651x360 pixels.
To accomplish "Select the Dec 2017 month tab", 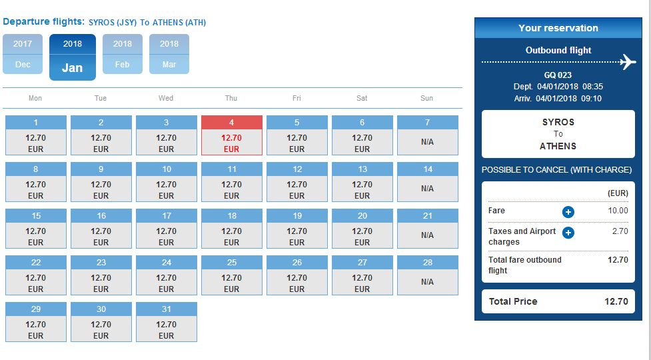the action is [x=23, y=54].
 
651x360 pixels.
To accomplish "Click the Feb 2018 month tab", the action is [x=123, y=54].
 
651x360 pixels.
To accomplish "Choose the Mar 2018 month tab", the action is [x=169, y=54].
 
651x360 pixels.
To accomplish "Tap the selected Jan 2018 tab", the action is [x=73, y=57].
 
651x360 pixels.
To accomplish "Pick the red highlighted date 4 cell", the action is [x=232, y=135].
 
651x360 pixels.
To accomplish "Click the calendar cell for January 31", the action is [x=167, y=322].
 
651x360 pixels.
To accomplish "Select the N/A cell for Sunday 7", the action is [x=428, y=135].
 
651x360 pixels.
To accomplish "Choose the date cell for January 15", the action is [x=36, y=229].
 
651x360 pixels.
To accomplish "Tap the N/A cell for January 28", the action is [x=428, y=275].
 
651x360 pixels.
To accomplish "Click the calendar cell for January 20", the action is [x=362, y=229].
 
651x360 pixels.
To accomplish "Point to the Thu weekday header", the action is [x=231, y=99].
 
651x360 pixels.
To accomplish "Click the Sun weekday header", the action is [x=427, y=99].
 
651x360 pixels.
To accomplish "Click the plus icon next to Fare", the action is [x=568, y=212].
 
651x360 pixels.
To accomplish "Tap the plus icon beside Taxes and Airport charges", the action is [x=568, y=233].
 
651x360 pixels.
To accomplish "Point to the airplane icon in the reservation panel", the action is [x=628, y=62].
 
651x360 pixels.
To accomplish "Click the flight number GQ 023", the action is [x=558, y=75].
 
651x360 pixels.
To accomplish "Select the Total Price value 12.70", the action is [x=616, y=301].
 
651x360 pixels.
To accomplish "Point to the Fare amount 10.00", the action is [x=618, y=211].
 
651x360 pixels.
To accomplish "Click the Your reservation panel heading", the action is [x=558, y=28].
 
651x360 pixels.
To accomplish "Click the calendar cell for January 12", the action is [x=297, y=182].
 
